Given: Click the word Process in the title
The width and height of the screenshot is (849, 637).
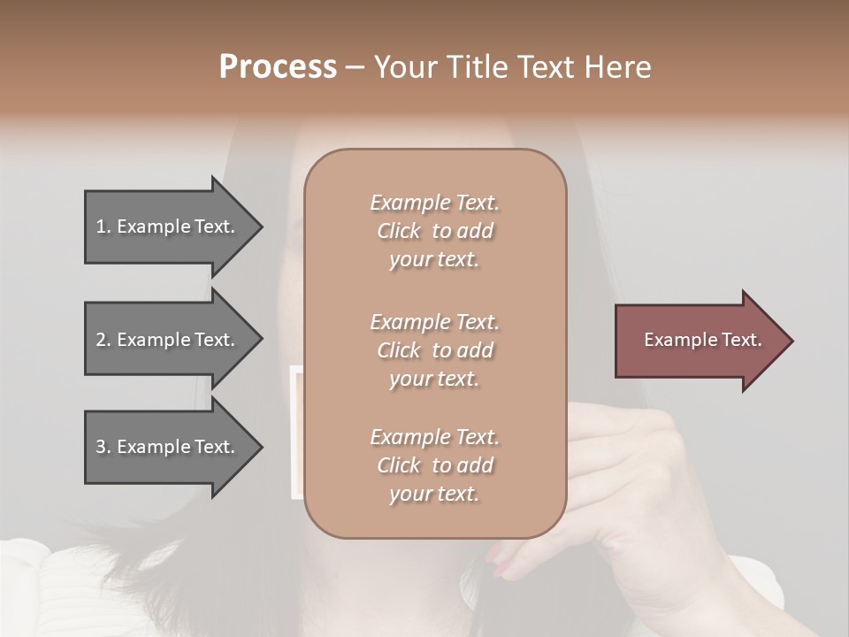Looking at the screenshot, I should click(x=278, y=67).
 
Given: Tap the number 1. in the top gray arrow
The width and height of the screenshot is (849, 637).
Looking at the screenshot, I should click(x=103, y=226).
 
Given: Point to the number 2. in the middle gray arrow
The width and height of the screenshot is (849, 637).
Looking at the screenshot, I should click(x=103, y=340).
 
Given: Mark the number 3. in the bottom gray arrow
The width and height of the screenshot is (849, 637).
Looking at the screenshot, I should click(x=103, y=447).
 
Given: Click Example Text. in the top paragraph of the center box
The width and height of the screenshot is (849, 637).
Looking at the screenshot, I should click(x=434, y=203).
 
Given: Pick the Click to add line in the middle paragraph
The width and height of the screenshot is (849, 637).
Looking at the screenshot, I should click(x=434, y=350).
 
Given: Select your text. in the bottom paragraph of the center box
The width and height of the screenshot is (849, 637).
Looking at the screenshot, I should click(x=434, y=494).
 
